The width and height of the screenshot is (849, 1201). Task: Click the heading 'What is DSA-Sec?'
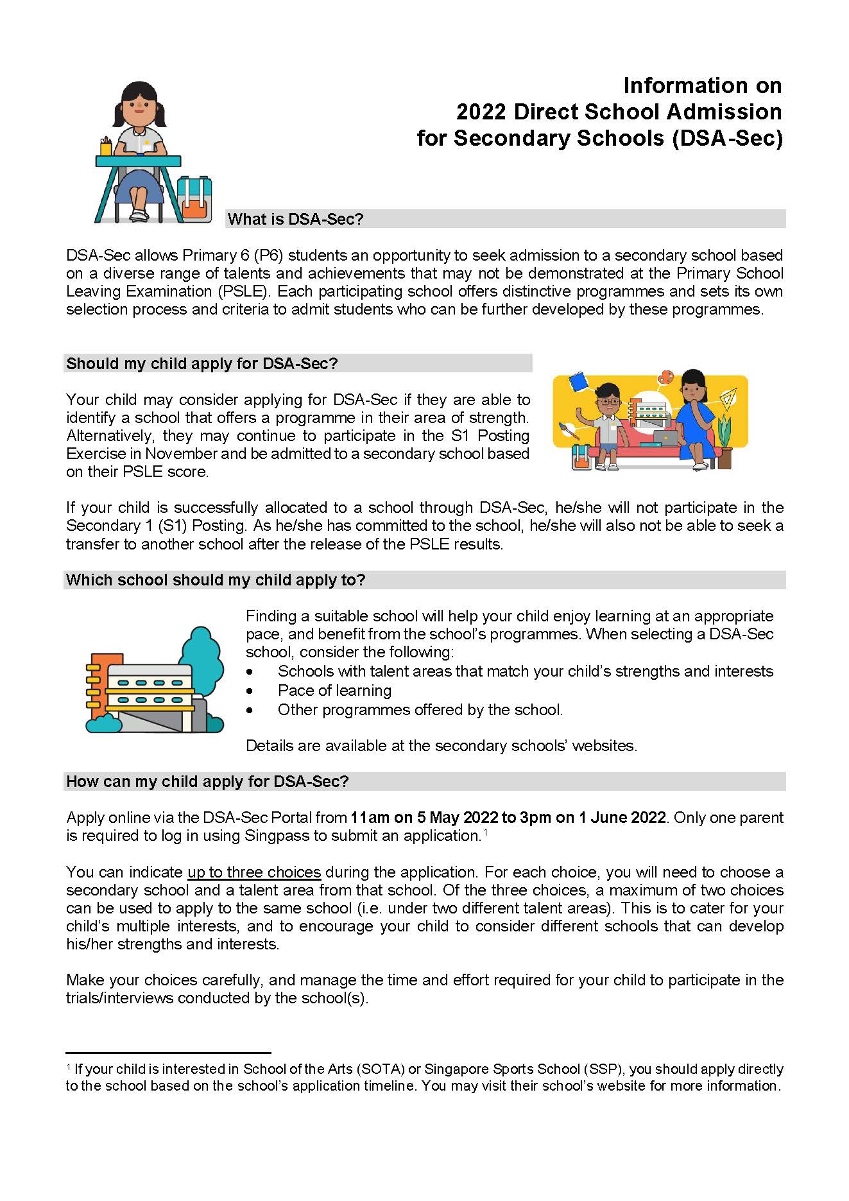[x=295, y=220]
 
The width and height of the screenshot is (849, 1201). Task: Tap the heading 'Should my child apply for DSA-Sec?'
[x=202, y=364]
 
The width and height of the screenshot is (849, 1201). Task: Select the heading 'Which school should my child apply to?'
[x=216, y=580]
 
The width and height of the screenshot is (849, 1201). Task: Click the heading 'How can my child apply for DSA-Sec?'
[x=207, y=782]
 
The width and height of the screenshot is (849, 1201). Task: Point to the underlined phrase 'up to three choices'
[x=254, y=872]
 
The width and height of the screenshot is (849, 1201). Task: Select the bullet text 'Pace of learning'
[x=334, y=691]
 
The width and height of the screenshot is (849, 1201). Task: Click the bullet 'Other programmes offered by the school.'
[x=420, y=710]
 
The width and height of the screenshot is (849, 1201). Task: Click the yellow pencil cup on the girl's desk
[x=106, y=147]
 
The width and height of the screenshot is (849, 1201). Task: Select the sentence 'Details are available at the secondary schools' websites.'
[x=442, y=746]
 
